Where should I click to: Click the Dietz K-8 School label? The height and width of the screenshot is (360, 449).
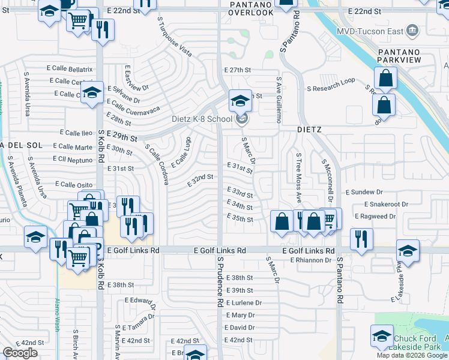(202, 119)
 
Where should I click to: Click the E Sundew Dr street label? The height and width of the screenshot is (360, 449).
(364, 192)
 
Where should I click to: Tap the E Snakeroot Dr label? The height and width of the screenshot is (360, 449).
(380, 204)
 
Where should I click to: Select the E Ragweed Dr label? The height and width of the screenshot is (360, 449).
(377, 215)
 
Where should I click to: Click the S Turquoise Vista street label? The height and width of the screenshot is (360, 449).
(175, 37)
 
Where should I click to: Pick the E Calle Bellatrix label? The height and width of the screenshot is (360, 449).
(67, 70)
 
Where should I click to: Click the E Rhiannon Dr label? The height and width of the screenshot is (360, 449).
(311, 260)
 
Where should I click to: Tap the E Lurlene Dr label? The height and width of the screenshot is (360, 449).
(244, 303)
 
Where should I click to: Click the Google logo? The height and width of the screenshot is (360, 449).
(20, 353)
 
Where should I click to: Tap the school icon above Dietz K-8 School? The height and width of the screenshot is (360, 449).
(240, 100)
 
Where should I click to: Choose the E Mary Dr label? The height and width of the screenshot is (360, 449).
(240, 315)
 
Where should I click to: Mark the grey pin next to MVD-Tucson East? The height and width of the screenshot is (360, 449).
(412, 29)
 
